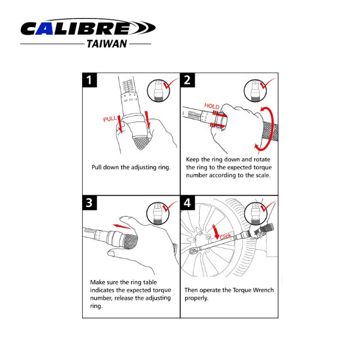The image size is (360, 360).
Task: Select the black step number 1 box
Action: tap(91, 80)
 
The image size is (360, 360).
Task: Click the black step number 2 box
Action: tap(188, 80)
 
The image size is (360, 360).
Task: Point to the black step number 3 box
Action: tap(91, 203)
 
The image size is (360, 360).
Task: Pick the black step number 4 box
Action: tap(188, 203)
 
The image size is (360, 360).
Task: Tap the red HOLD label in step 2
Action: tap(212, 106)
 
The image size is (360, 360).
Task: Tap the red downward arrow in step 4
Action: tap(215, 231)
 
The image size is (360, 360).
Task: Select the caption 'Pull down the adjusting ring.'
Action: tap(131, 167)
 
